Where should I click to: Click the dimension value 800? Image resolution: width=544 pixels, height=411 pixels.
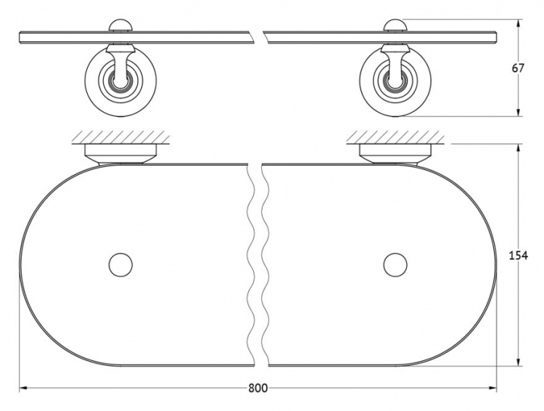(258, 388)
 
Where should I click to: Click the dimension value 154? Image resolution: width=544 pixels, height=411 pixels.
(518, 256)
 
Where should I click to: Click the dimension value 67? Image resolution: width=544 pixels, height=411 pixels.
(518, 68)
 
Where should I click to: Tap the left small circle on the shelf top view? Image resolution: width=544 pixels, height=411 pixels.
(120, 265)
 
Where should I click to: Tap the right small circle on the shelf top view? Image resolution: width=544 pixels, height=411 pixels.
(395, 265)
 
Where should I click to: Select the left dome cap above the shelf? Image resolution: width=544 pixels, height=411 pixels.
(120, 25)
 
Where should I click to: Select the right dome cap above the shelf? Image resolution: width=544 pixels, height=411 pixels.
(395, 25)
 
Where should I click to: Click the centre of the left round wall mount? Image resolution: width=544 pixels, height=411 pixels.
(120, 81)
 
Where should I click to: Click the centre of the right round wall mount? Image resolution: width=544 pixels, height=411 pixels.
(395, 81)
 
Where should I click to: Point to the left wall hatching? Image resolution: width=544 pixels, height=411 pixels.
(120, 137)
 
